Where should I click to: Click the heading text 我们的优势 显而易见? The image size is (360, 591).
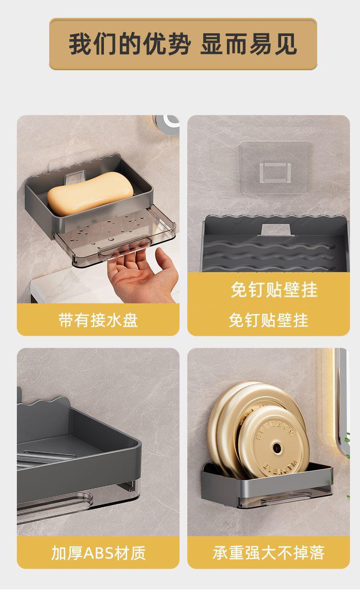[183, 44]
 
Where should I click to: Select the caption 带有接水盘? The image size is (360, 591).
[98, 320]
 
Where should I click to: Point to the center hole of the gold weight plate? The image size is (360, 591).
[277, 447]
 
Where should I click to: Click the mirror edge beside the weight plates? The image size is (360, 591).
[342, 404]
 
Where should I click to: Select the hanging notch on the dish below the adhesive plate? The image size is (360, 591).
[276, 229]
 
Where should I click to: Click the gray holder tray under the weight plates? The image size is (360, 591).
[267, 485]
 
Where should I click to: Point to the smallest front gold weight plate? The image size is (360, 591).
[273, 447]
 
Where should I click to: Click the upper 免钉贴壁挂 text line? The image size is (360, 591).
[274, 290]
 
